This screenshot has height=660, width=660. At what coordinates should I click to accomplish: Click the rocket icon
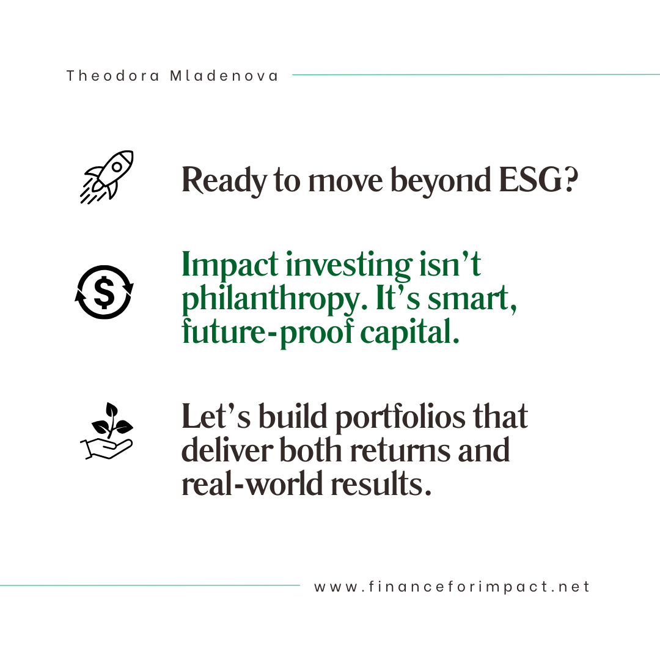(107, 177)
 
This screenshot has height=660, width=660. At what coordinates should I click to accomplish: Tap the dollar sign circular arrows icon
(104, 292)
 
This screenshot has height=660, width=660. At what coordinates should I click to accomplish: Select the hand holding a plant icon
(106, 430)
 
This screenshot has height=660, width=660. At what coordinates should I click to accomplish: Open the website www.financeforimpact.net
(452, 587)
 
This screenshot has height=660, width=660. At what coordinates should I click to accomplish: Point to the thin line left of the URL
(150, 585)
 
